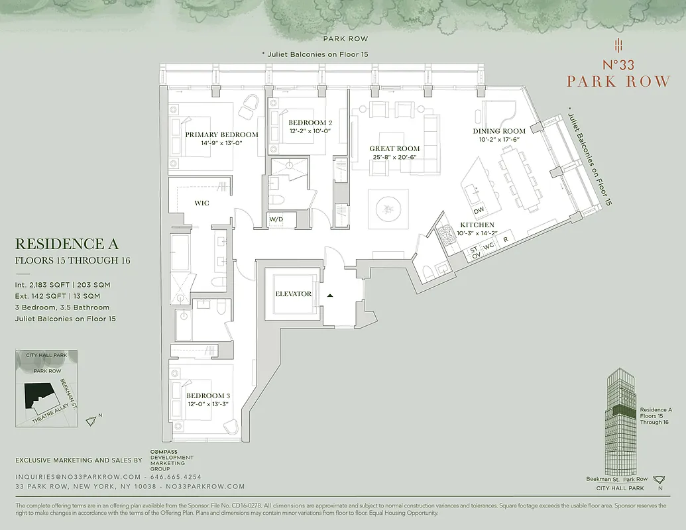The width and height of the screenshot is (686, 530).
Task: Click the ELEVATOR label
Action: coord(294,293)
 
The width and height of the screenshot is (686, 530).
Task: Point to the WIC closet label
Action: coord(201,203)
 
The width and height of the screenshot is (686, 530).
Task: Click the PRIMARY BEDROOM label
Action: coord(221,134)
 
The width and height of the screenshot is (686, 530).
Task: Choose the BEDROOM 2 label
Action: coord(310,123)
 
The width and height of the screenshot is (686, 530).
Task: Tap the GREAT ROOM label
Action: coord(395,148)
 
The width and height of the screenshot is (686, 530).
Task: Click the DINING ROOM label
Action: coord(499,131)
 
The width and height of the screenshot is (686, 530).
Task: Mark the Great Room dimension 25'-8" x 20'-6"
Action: coord(395,157)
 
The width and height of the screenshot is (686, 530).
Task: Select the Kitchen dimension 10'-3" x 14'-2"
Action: coord(477,233)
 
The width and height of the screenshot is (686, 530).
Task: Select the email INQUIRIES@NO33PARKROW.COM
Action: coord(78,476)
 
